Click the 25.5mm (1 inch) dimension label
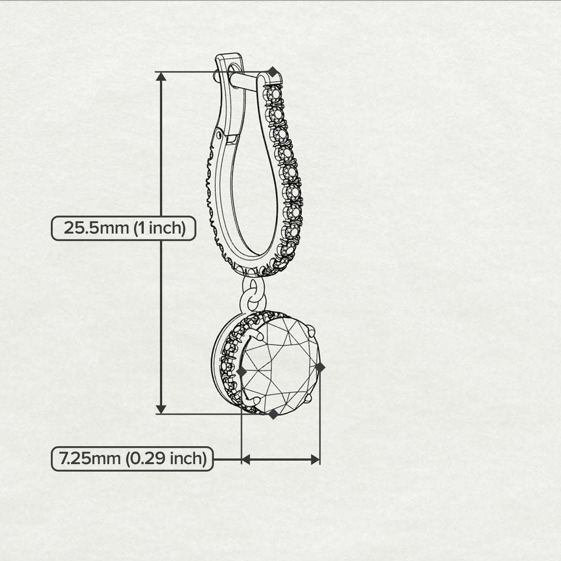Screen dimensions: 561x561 [124, 229]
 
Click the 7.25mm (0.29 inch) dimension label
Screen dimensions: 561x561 [132, 459]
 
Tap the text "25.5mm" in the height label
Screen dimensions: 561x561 [96, 228]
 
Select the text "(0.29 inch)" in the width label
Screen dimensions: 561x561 [166, 459]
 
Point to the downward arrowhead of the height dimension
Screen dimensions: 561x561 [162, 409]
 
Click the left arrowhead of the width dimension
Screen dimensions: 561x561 [246, 460]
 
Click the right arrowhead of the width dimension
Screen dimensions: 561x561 [315, 460]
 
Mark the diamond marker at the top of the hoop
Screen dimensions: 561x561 [273, 72]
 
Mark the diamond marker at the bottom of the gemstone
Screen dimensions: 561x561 [273, 414]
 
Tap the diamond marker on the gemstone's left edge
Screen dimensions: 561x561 [242, 372]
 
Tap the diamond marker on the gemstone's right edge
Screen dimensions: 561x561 [320, 367]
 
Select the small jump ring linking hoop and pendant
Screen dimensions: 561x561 [253, 293]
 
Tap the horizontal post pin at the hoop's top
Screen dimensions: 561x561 [243, 80]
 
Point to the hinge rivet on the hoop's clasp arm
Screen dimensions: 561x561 [219, 135]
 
